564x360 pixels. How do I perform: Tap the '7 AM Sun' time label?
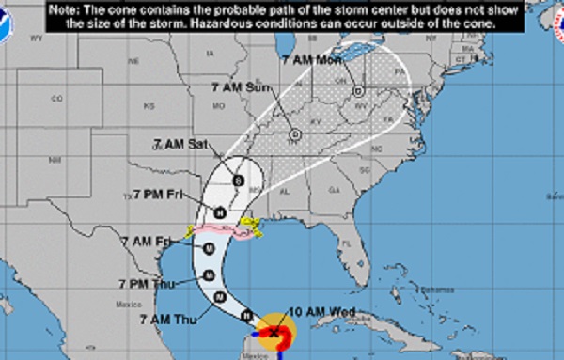click(240, 87)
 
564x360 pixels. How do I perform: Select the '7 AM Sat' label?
click(180, 144)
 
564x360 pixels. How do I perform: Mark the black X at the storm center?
click(274, 332)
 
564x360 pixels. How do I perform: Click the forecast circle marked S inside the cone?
click(238, 180)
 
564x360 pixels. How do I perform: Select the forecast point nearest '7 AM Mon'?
click(359, 91)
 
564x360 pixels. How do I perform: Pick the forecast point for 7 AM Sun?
click(295, 133)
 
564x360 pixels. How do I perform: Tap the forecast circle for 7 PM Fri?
click(220, 211)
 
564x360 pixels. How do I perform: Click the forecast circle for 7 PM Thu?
click(210, 274)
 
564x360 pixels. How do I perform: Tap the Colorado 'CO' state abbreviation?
click(57, 99)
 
